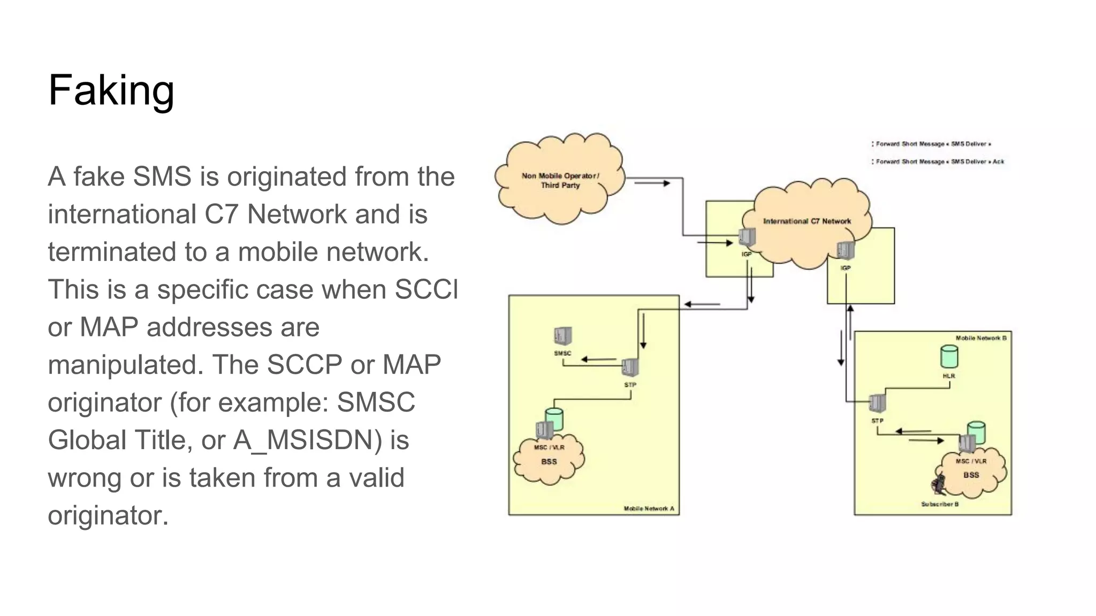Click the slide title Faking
pos(111,90)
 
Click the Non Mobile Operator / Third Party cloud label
pos(560,180)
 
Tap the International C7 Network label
pos(806,221)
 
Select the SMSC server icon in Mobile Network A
pos(562,336)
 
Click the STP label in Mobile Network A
pos(630,385)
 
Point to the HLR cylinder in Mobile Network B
pos(949,357)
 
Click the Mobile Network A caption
pos(649,509)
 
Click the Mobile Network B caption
pos(980,338)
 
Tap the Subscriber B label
pos(939,504)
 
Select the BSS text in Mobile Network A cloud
pos(549,461)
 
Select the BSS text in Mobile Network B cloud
pos(971,475)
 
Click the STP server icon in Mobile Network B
pos(878,403)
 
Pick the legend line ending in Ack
pos(939,161)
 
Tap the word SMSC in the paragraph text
pos(376,403)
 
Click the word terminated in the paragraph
pos(112,252)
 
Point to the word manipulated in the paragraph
pos(125,365)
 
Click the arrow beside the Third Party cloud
pos(652,183)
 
